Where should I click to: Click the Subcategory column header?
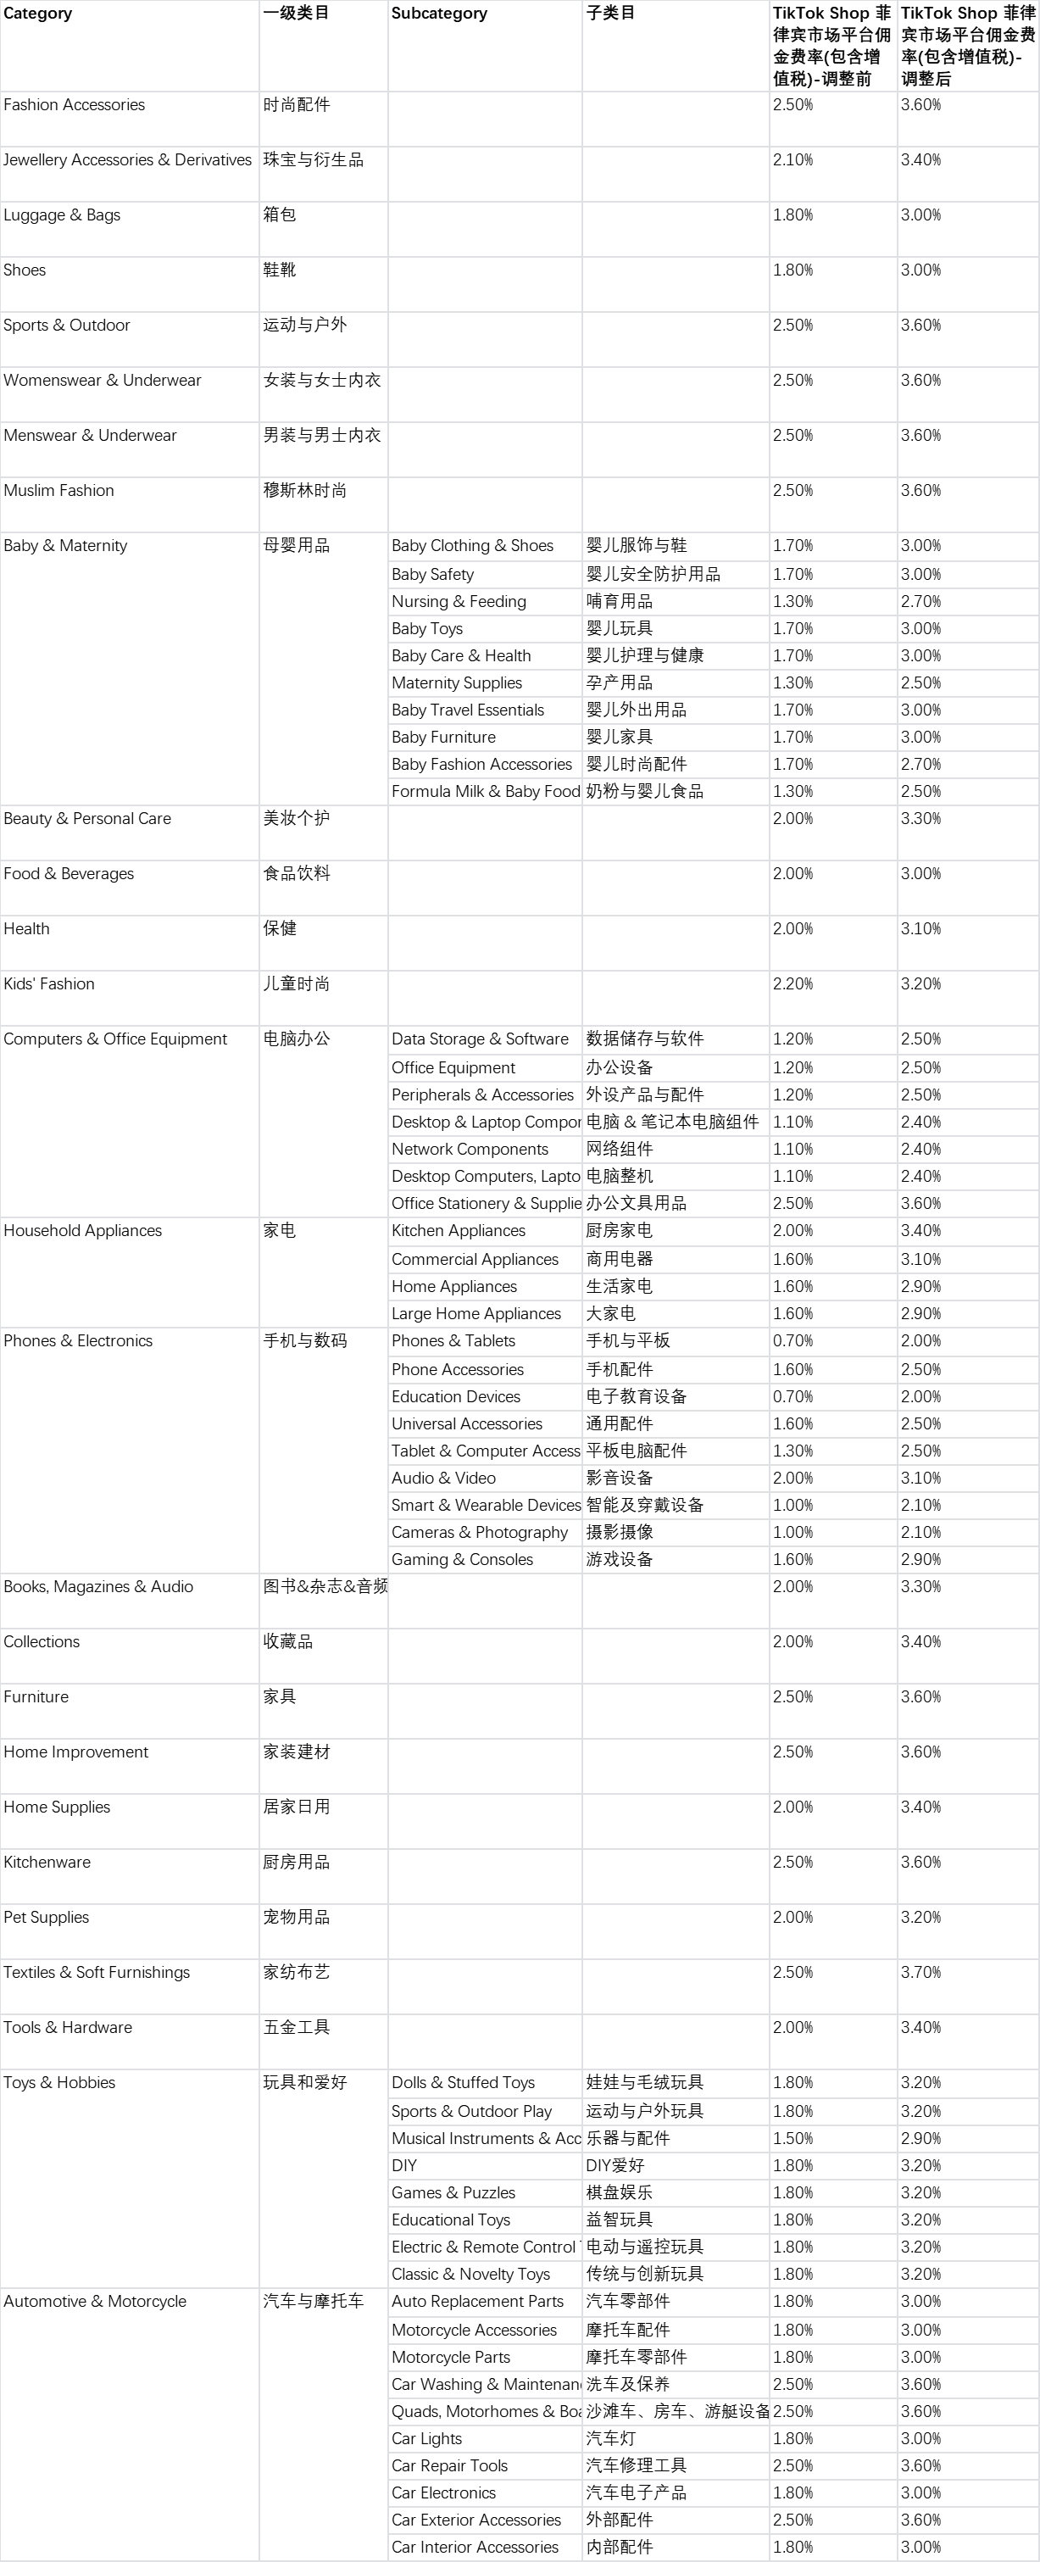438,14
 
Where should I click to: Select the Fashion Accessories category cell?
74,105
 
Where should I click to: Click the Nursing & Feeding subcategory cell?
459,602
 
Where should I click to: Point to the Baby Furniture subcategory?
443,737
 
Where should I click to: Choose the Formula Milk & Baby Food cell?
484,792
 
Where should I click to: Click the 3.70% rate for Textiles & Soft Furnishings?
920,1972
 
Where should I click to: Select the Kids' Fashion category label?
48,984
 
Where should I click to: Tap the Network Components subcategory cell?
470,1150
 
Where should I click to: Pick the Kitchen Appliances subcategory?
459,1231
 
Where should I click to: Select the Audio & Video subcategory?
443,1479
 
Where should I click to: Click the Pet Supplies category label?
46,1918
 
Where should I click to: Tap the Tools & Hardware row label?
68,2028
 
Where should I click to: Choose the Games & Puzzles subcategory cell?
453,2193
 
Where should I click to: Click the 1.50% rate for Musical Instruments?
793,2138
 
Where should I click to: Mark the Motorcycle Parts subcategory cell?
450,2357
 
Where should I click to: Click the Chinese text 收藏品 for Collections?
287,1642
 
